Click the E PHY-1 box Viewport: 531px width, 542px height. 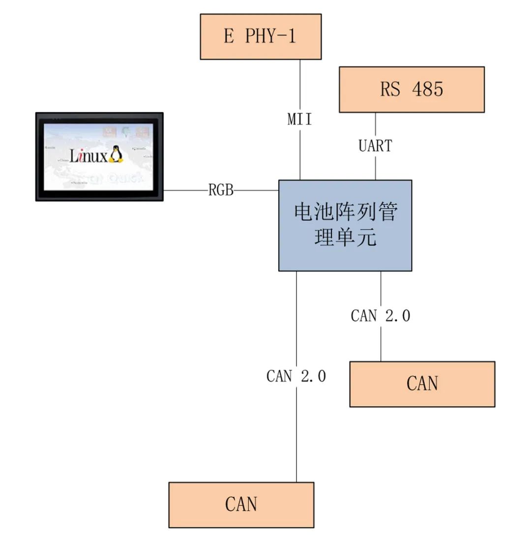(261, 37)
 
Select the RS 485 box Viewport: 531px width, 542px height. (412, 90)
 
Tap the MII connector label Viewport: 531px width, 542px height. (300, 119)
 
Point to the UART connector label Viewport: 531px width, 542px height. (375, 146)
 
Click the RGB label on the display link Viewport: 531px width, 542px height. (221, 190)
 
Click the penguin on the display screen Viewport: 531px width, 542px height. (116, 154)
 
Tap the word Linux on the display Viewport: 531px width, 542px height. (88, 156)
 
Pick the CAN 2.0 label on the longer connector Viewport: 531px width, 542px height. (296, 376)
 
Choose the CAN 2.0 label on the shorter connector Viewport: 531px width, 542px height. (381, 316)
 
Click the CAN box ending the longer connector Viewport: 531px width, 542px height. (241, 505)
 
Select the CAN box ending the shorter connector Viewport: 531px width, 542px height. (422, 384)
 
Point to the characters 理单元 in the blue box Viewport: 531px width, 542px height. (345, 238)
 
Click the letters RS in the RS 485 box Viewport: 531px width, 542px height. (390, 90)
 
